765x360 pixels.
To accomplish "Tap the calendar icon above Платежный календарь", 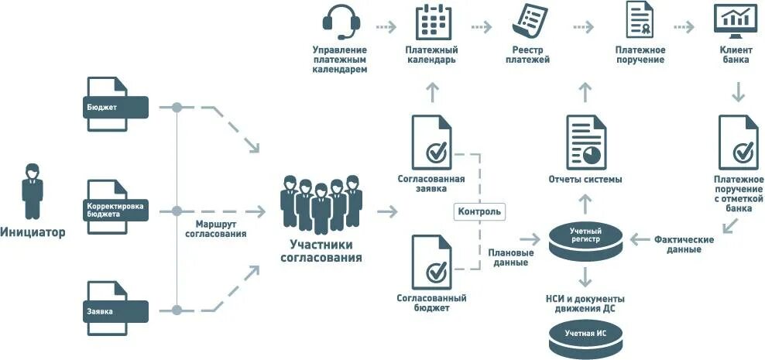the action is [433, 22].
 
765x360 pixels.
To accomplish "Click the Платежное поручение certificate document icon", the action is [640, 22].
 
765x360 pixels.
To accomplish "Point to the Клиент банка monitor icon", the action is [735, 22].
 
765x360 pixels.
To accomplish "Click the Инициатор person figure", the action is [33, 191].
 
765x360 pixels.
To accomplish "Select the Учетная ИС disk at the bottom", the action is [585, 334].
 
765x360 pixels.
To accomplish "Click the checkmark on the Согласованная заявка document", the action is [437, 152].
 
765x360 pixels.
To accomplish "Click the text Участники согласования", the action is [321, 251].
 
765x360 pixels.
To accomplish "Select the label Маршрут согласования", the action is [216, 228].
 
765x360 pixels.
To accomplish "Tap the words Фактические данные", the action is [684, 245].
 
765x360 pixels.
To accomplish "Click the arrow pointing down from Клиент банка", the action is [738, 93].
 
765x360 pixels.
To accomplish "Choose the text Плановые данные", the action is [510, 257].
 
